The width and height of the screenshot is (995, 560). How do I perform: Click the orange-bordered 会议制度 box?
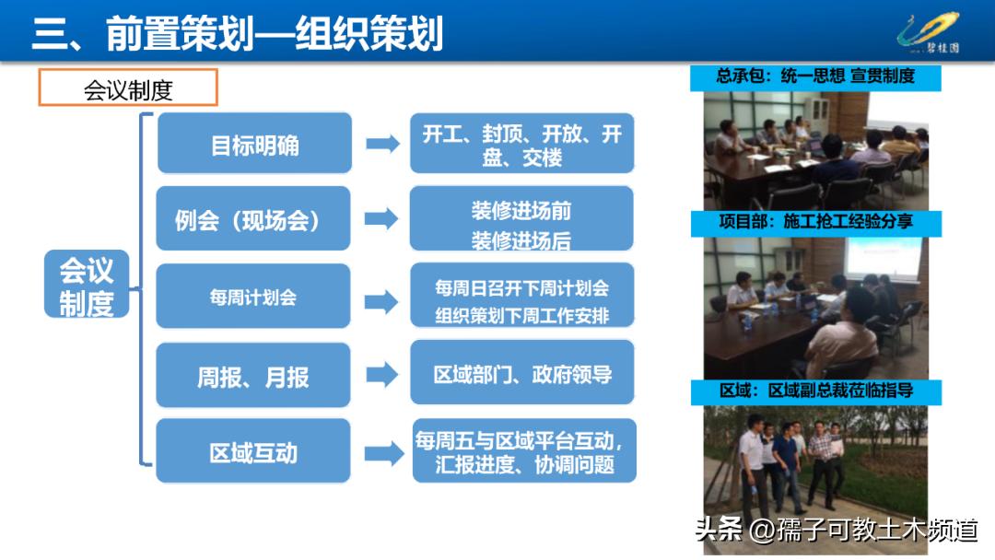(x=127, y=88)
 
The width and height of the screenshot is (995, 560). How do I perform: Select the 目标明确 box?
(x=254, y=144)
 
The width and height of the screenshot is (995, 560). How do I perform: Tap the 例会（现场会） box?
(x=253, y=219)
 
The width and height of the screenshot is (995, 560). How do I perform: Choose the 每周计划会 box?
(x=253, y=297)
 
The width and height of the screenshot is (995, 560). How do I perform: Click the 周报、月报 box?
(x=253, y=376)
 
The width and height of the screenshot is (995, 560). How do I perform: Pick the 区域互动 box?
(x=253, y=451)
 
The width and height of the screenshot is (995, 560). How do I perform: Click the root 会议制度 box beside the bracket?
(x=87, y=287)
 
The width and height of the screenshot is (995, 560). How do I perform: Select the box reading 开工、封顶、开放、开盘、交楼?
(x=521, y=144)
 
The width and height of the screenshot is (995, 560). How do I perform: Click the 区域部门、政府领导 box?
(x=522, y=374)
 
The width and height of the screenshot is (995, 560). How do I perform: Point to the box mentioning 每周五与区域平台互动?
(x=523, y=451)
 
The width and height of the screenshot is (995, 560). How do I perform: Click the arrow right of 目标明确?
(x=381, y=144)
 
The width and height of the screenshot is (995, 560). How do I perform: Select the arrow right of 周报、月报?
(x=381, y=375)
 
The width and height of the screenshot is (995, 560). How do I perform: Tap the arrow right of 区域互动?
(x=381, y=452)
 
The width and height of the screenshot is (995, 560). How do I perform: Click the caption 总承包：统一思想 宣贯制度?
(x=815, y=76)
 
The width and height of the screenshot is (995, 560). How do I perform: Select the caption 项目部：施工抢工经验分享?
(x=815, y=223)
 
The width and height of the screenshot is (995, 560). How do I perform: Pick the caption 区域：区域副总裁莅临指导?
(x=815, y=391)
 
